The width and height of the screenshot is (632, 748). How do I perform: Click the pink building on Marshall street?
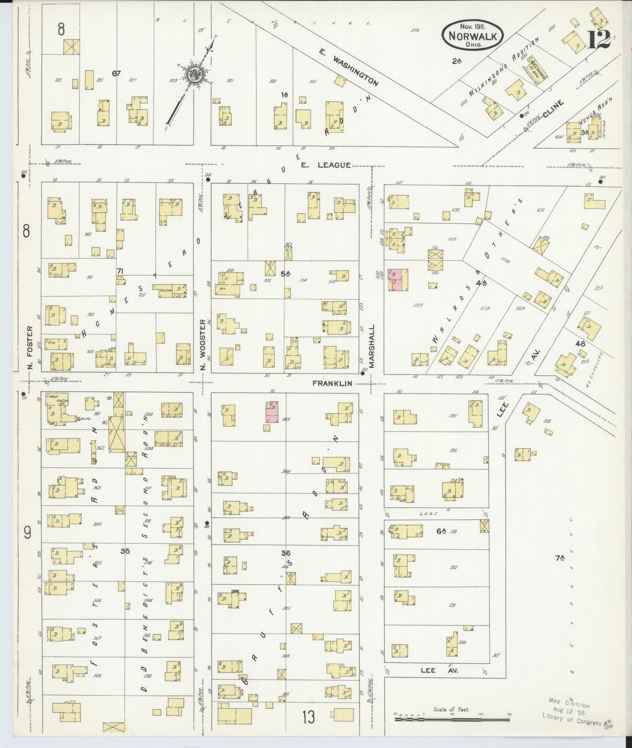398,280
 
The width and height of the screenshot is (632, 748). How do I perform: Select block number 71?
119,271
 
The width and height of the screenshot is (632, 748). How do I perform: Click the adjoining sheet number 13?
308,717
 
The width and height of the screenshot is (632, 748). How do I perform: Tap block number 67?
116,73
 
